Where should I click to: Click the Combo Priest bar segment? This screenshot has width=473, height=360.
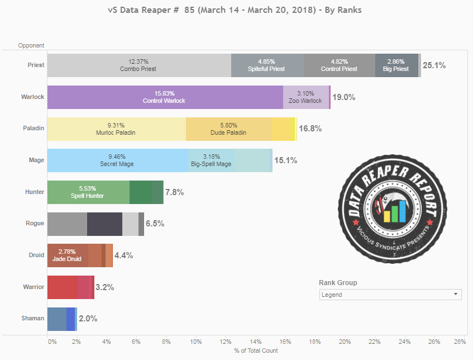click(x=138, y=65)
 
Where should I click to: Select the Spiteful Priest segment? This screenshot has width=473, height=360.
click(x=267, y=65)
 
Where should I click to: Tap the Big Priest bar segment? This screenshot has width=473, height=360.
click(x=396, y=65)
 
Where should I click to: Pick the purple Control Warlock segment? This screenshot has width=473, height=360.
click(x=165, y=97)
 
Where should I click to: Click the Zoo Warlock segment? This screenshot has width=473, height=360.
click(x=306, y=97)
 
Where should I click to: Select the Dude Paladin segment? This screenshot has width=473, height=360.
click(x=228, y=129)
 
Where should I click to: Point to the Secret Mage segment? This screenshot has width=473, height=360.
click(x=117, y=160)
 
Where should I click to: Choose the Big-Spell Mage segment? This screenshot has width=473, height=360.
click(x=212, y=160)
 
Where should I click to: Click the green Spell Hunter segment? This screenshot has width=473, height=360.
click(x=88, y=192)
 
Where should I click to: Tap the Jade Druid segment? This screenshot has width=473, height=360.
click(x=67, y=255)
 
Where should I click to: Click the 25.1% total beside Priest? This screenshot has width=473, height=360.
click(x=434, y=65)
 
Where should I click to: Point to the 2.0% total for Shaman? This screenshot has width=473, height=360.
click(x=88, y=319)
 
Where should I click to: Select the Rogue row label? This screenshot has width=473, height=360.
click(x=35, y=224)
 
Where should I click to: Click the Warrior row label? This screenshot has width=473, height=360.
click(x=33, y=287)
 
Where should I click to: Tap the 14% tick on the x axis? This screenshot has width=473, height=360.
click(x=256, y=341)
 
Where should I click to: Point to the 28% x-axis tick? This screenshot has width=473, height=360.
click(x=460, y=341)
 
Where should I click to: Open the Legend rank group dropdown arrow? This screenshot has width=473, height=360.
click(x=456, y=294)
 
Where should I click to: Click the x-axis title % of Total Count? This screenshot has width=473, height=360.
click(x=256, y=350)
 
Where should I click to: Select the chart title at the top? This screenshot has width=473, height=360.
click(x=237, y=10)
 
